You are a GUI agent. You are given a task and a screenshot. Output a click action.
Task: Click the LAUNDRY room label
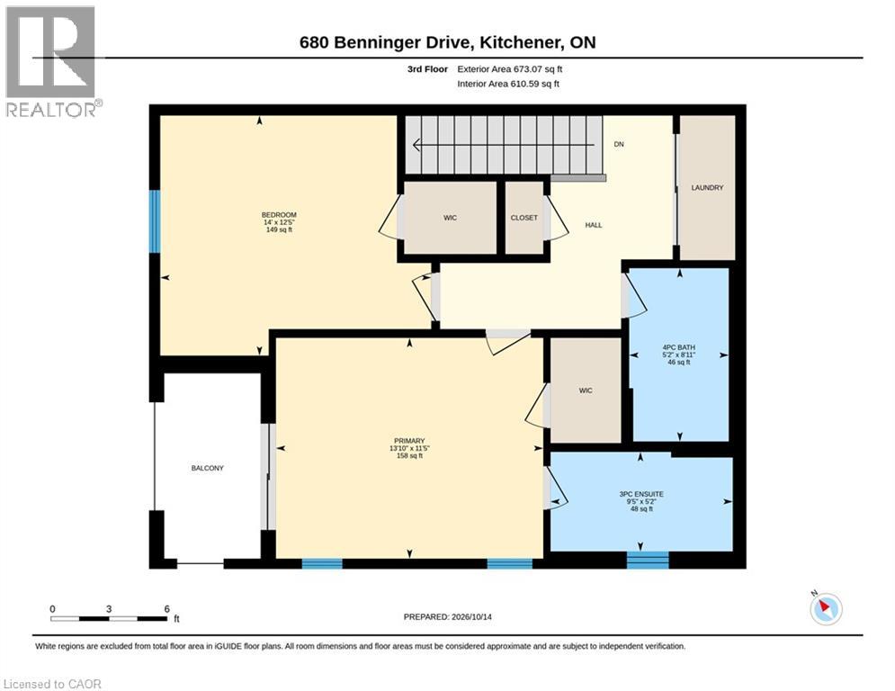[x=707, y=187]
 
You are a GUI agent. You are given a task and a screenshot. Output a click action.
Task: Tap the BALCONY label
[x=207, y=468]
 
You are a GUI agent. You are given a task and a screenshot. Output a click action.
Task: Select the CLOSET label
[x=524, y=218]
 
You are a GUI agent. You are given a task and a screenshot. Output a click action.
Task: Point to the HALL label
[x=594, y=225]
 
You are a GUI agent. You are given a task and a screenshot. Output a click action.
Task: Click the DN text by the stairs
[x=619, y=144]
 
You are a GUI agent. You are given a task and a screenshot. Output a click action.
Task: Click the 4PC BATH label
[x=678, y=347]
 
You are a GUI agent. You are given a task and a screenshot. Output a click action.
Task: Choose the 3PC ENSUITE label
[x=641, y=494]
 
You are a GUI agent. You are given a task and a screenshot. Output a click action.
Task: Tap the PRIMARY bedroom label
[x=409, y=441]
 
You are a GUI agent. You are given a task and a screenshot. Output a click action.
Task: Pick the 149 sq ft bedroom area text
[x=279, y=229]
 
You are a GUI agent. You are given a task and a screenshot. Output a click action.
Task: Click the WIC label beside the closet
[x=451, y=218]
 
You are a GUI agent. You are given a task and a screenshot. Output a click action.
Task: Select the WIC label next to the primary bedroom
[x=586, y=390]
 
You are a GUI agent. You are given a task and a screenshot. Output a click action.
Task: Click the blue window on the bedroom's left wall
[x=155, y=221]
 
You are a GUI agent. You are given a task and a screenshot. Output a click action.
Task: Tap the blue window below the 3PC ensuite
[x=648, y=560]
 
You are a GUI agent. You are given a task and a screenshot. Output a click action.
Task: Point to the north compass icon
[x=826, y=608]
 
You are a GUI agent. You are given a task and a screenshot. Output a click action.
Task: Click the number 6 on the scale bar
[x=166, y=609]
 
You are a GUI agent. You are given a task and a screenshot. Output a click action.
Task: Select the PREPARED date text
[x=448, y=616]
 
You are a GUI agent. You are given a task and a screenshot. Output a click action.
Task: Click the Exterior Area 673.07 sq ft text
[x=510, y=69]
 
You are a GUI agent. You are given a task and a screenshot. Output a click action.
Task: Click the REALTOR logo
[x=52, y=61]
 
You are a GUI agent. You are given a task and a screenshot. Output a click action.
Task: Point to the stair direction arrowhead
[x=416, y=145]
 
